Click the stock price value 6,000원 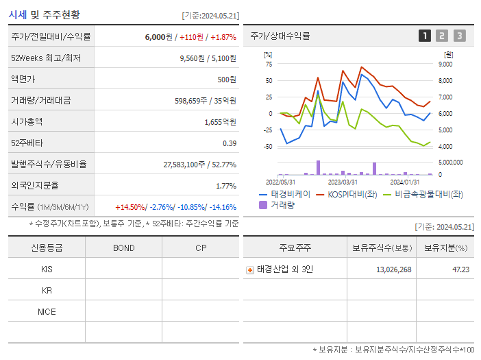[158, 37]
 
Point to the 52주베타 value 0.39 [230, 143]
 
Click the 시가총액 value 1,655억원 [220, 122]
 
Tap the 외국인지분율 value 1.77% [225, 186]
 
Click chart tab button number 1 [425, 36]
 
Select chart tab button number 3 [459, 36]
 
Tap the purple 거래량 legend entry [277, 204]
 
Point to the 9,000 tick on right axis [445, 64]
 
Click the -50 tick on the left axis [268, 147]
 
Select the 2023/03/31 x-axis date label [343, 182]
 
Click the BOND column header [123, 248]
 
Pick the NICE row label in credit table [47, 312]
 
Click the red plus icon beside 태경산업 [250, 270]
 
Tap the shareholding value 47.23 [460, 269]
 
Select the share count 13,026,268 [393, 269]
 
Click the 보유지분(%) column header [445, 248]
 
